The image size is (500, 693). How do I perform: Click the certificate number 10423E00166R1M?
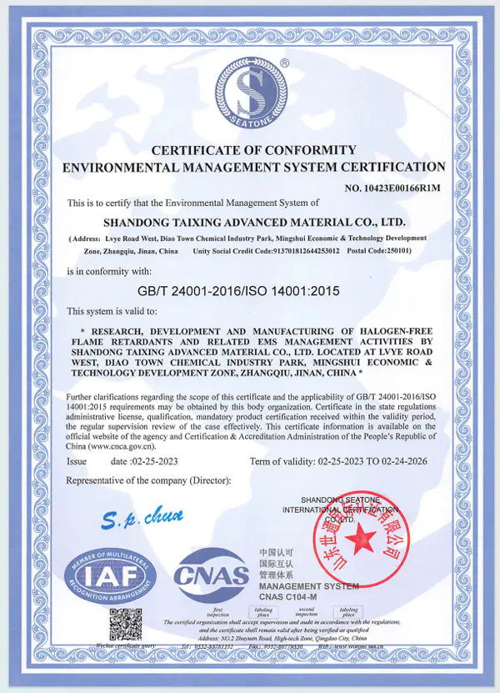[x=392, y=188]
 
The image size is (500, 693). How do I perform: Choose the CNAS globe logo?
[x=211, y=575]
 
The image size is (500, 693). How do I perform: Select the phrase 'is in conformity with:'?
[x=109, y=271]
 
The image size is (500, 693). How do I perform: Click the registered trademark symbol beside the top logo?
[x=285, y=63]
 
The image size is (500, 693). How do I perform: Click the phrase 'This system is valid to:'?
[x=111, y=311]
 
